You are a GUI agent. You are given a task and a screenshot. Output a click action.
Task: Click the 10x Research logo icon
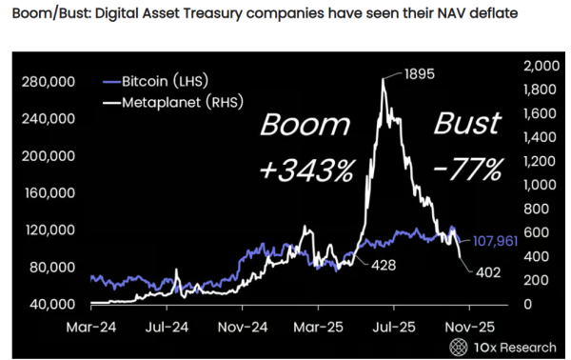461,345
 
